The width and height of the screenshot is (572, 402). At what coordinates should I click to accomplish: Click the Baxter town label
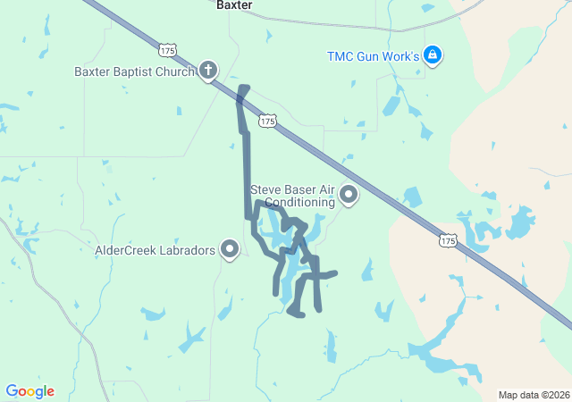click(234, 5)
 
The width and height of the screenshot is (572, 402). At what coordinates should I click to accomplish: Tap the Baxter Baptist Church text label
click(135, 71)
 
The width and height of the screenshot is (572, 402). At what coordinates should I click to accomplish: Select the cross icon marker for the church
click(208, 70)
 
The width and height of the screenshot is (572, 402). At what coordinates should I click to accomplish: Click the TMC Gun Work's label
click(373, 56)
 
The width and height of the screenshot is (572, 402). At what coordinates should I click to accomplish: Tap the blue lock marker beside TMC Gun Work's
click(433, 55)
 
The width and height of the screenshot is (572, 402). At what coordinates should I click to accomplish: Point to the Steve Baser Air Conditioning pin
click(348, 194)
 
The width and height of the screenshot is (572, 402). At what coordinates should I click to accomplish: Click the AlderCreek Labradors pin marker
click(230, 249)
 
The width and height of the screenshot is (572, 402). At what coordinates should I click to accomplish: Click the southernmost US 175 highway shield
click(448, 240)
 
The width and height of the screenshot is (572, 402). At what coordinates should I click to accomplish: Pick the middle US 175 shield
click(267, 121)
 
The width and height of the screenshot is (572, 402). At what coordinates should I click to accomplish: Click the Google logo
click(29, 391)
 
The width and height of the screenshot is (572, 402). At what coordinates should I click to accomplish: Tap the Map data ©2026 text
click(534, 395)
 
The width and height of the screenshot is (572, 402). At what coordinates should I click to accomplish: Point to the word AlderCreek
click(125, 250)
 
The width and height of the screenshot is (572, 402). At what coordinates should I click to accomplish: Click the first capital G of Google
click(12, 391)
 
